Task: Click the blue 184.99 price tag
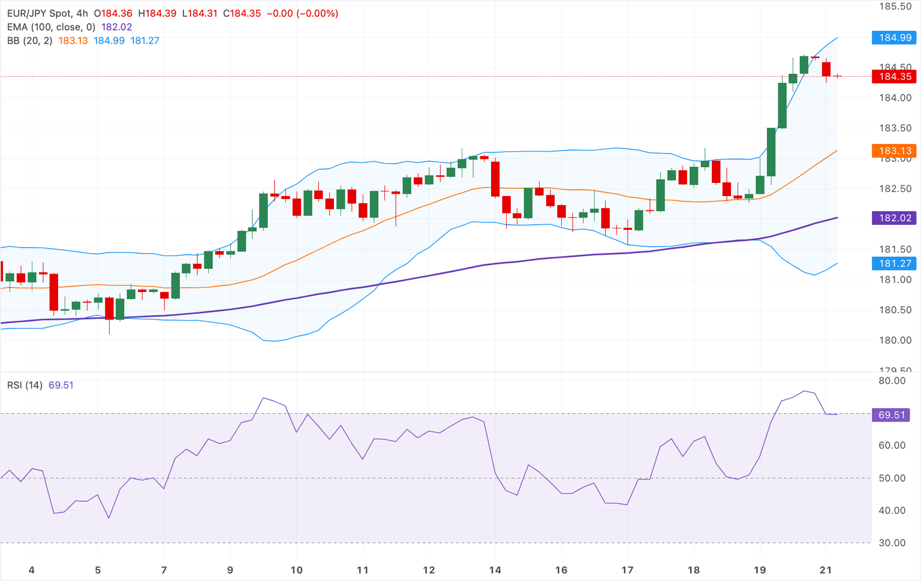pos(895,38)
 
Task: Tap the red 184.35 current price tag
pos(895,77)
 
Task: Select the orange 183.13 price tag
pos(895,151)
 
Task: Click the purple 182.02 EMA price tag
pos(895,218)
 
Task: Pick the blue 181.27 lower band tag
pos(895,263)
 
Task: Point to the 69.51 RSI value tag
pos(891,415)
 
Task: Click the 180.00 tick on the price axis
pos(895,341)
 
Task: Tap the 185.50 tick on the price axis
pos(895,7)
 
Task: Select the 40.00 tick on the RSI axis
pos(892,511)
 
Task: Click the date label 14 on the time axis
pos(495,570)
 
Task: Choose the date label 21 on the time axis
pos(826,570)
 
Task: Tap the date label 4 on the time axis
pos(32,570)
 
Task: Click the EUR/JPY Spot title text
pos(39,13)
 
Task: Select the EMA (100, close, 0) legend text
pos(51,27)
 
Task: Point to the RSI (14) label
pos(25,385)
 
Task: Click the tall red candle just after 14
pos(495,179)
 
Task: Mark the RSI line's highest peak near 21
pos(804,391)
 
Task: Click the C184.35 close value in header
pos(242,13)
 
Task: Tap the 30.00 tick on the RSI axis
pos(892,543)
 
